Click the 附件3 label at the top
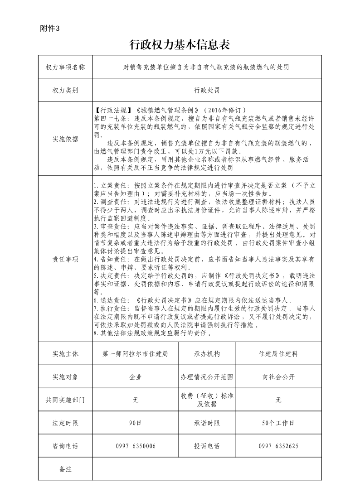click(50, 28)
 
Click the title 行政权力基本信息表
click(180, 44)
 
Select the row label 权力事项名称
click(65, 67)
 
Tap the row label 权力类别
click(65, 90)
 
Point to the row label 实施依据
click(65, 139)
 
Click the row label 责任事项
click(65, 259)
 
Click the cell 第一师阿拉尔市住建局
click(136, 353)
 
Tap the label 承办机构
click(207, 353)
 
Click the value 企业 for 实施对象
click(136, 376)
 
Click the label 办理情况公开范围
click(207, 376)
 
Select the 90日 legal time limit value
click(136, 423)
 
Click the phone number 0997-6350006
click(136, 446)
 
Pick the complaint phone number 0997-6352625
click(278, 446)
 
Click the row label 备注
click(65, 469)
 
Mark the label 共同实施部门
click(65, 400)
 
